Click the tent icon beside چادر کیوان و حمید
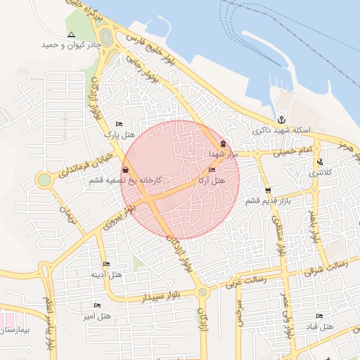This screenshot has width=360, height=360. pos(71,34)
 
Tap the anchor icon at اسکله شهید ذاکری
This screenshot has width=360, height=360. pos(281,119)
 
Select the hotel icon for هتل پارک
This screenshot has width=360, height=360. pos(119,124)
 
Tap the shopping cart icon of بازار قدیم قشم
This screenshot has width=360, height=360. pos(268,191)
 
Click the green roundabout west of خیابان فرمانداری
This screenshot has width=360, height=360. pos(44,179)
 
